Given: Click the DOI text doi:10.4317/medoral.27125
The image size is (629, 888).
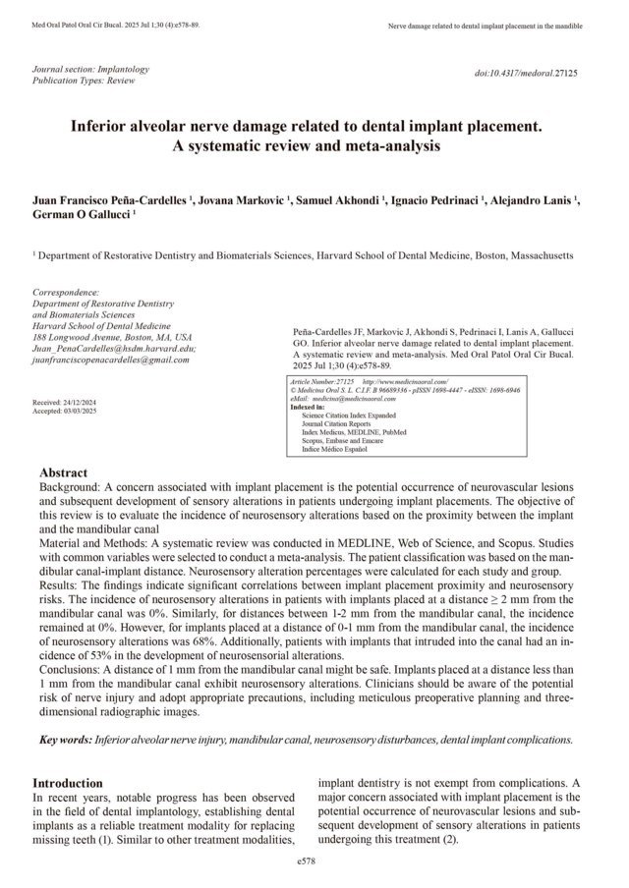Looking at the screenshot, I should click(x=525, y=73).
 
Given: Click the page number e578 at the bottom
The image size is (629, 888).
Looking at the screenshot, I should click(x=314, y=860).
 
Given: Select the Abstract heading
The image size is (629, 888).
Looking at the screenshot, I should click(x=63, y=472).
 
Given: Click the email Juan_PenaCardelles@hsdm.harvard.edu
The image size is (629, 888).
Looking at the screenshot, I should click(x=114, y=349).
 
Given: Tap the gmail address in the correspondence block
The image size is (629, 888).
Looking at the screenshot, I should click(x=111, y=361).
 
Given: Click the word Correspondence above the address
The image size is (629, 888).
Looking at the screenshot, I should click(x=67, y=292).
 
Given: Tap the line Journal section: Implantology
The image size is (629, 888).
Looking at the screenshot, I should click(x=91, y=70).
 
